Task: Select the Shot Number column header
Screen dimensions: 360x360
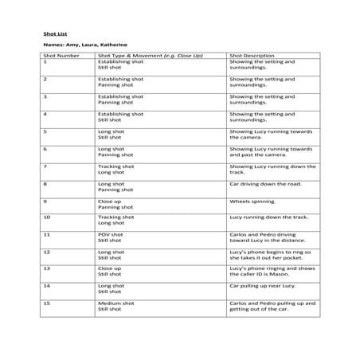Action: point(61,57)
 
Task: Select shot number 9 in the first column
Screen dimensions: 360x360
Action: point(45,202)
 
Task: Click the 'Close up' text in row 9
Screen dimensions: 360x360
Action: point(110,202)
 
